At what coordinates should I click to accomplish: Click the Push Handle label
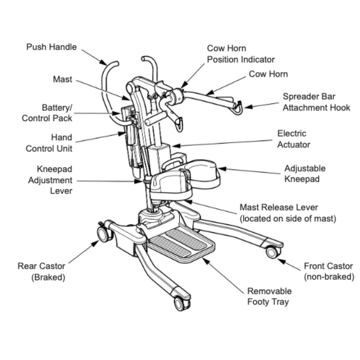pos(51,47)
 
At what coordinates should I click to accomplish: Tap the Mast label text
pos(62,80)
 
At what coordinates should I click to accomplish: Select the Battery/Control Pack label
pos(47,113)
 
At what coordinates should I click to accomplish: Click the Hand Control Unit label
pos(49,143)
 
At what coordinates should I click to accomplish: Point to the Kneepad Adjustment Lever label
pos(50,180)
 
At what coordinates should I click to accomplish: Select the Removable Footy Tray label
pos(269,296)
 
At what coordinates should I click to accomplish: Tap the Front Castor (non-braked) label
pos(328,271)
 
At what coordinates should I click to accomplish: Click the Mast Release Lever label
pos(287,213)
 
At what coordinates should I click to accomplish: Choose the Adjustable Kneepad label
pos(305,173)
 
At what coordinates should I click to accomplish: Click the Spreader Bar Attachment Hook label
pos(316,102)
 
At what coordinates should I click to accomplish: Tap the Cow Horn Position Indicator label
pos(241,54)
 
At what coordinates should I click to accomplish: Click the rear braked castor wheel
pos(103,234)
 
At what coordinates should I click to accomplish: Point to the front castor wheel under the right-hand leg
pos(273,252)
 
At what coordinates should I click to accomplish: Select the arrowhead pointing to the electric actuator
pos(174,146)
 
